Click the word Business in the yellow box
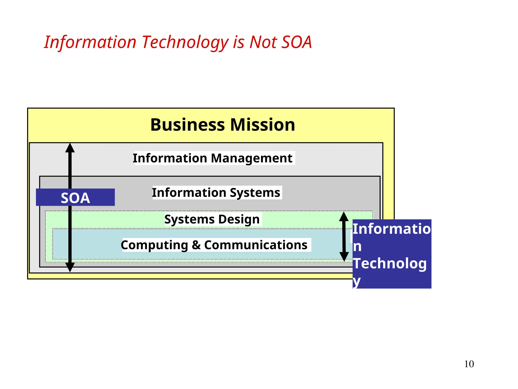[187, 125]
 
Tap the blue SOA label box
[75, 198]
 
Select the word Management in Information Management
[251, 158]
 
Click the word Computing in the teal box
[154, 245]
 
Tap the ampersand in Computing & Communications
[196, 245]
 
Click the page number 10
[469, 364]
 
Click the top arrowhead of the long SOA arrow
[70, 148]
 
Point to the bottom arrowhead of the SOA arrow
[70, 267]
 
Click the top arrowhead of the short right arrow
[344, 217]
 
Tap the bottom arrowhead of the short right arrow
[344, 257]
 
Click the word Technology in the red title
[185, 42]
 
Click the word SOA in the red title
[296, 42]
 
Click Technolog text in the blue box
[390, 263]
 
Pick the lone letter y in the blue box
[357, 281]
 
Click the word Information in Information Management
[170, 158]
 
